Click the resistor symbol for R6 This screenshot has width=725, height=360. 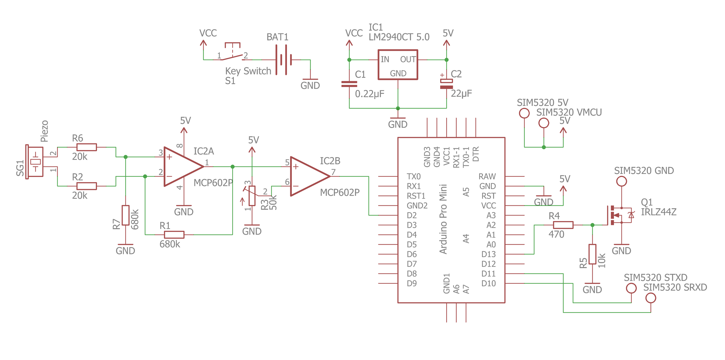pyautogui.click(x=87, y=147)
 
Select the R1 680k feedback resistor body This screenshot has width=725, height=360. pyautogui.click(x=174, y=235)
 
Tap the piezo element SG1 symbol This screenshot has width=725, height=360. pyautogui.click(x=35, y=162)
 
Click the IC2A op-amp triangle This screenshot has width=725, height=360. pyautogui.click(x=181, y=167)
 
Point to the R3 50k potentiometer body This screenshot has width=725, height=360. pyautogui.click(x=252, y=196)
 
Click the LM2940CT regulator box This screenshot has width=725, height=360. pyautogui.click(x=398, y=65)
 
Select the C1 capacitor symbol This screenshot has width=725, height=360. pyautogui.click(x=349, y=84)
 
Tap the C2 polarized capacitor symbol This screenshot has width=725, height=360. pyautogui.click(x=446, y=84)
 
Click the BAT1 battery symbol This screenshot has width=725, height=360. pyautogui.click(x=284, y=60)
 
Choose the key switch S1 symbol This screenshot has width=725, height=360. pyautogui.click(x=233, y=54)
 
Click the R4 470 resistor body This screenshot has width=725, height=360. pyautogui.click(x=563, y=225)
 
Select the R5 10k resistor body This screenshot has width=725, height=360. pyautogui.click(x=592, y=254)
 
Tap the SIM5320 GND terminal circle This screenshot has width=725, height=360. pyautogui.click(x=621, y=181)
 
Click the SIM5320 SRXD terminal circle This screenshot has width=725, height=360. pyautogui.click(x=651, y=298)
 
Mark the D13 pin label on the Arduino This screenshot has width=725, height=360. pyautogui.click(x=488, y=254)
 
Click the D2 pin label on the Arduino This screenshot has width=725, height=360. pyautogui.click(x=412, y=215)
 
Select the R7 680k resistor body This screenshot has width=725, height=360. pyautogui.click(x=126, y=215)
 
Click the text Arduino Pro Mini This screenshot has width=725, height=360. pyautogui.click(x=443, y=219)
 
